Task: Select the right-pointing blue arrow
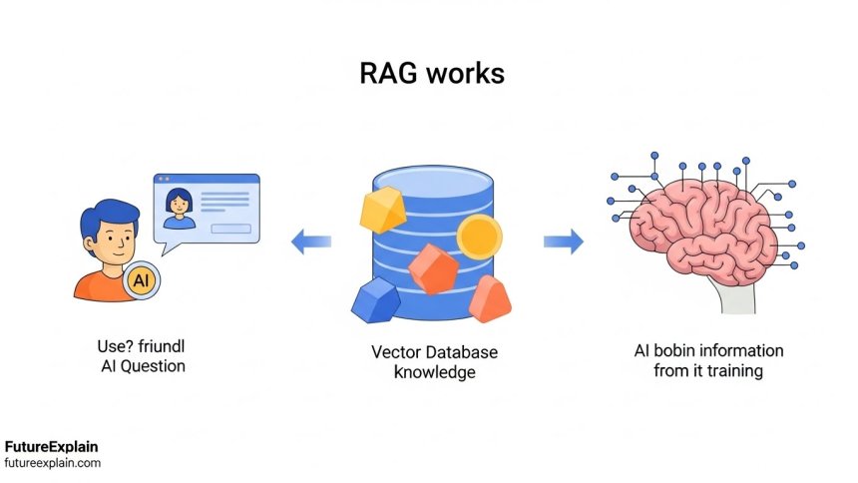pyautogui.click(x=564, y=241)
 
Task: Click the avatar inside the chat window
pyautogui.click(x=180, y=207)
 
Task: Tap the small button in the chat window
pyautogui.click(x=230, y=229)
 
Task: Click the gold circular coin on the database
pyautogui.click(x=479, y=237)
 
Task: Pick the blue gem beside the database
pyautogui.click(x=375, y=299)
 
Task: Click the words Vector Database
pyautogui.click(x=434, y=353)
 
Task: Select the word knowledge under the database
pyautogui.click(x=434, y=372)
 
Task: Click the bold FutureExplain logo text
pyautogui.click(x=52, y=447)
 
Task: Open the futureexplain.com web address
pyautogui.click(x=52, y=463)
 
